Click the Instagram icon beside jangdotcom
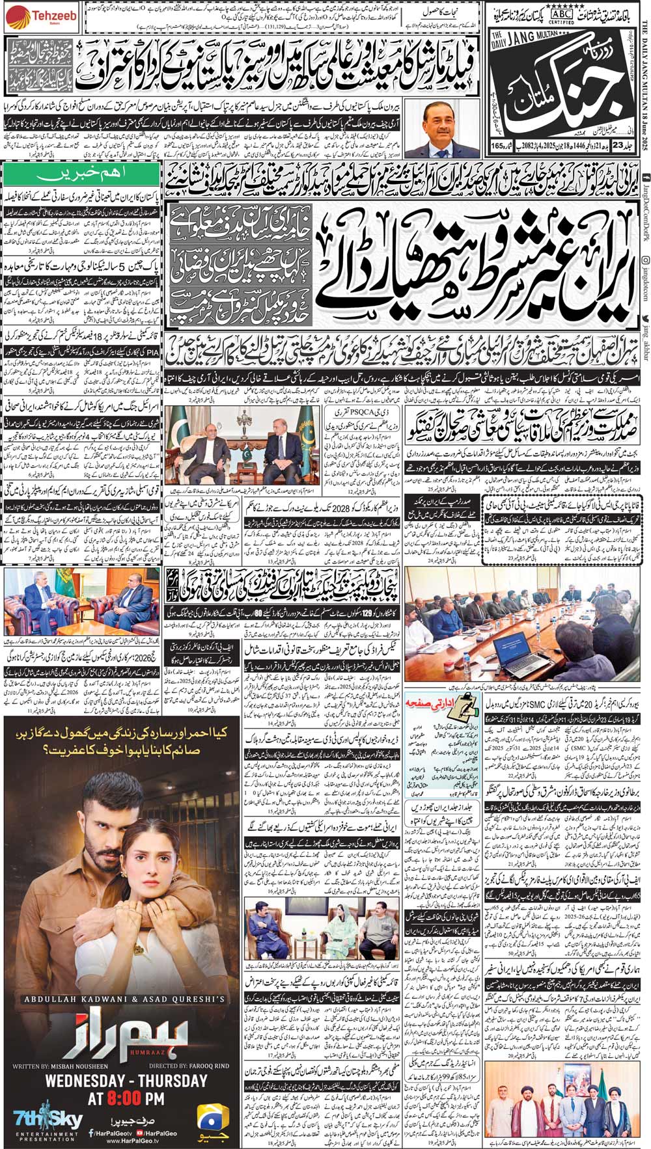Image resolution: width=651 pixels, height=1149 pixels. point(644,243)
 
